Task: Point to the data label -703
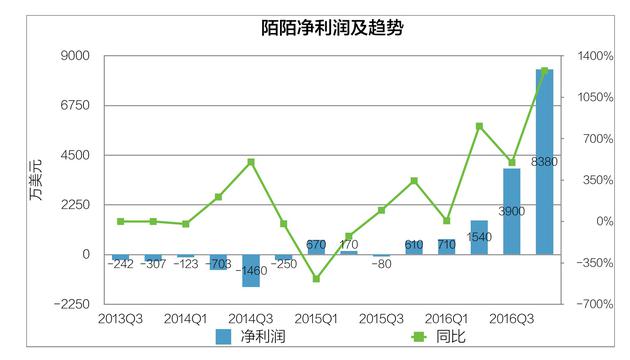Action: tap(218, 265)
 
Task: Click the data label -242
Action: tap(121, 265)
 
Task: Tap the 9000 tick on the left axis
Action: tap(76, 56)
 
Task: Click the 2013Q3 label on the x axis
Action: tap(120, 319)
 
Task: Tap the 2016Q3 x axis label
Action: tap(511, 319)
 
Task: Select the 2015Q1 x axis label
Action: tap(316, 319)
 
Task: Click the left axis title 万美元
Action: tap(36, 178)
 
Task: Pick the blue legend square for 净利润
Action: tap(223, 338)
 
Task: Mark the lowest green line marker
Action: tap(316, 279)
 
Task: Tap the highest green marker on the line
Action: tap(545, 71)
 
